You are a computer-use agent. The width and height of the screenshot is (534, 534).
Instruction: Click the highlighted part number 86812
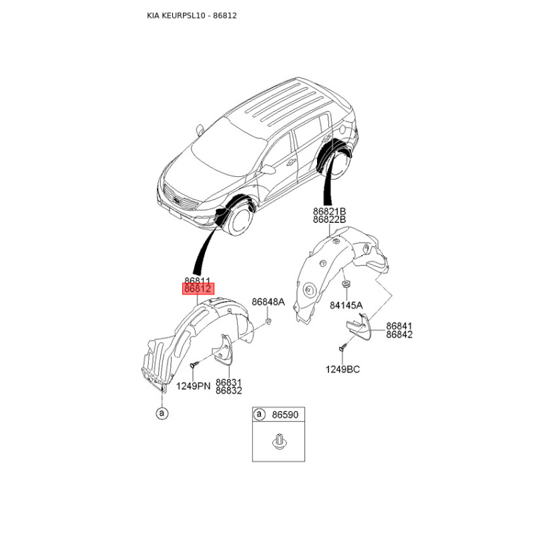(198, 289)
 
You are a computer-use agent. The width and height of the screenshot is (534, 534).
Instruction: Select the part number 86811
(198, 281)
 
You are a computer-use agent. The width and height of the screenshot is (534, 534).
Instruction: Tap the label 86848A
(268, 302)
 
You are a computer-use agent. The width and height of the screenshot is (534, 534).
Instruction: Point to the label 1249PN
(193, 386)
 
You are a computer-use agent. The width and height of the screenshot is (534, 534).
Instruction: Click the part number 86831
(228, 382)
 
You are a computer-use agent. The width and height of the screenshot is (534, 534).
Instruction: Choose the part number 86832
(228, 390)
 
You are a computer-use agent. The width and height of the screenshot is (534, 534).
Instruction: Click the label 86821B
(329, 211)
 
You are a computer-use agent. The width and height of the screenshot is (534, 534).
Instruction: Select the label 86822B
(329, 220)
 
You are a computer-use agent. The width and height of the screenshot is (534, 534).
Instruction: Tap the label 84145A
(346, 305)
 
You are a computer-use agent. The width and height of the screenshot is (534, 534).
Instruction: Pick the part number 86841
(399, 326)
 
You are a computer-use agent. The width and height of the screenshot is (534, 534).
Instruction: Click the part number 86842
(399, 334)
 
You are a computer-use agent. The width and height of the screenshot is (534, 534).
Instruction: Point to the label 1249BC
(342, 369)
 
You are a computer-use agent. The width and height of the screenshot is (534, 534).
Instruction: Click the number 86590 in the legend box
(285, 415)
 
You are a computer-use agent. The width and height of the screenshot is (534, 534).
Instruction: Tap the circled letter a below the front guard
(161, 414)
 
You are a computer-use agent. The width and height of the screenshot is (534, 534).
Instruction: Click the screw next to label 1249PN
(194, 365)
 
